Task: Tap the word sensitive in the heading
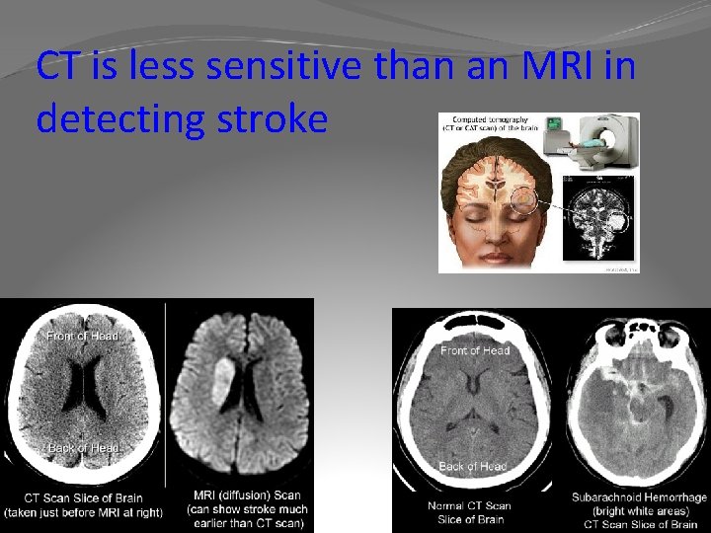click(x=241, y=67)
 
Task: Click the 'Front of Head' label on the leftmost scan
click(x=83, y=337)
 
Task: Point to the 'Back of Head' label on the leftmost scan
click(x=83, y=448)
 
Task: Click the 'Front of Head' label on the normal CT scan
click(x=475, y=350)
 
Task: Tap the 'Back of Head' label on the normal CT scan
click(x=472, y=466)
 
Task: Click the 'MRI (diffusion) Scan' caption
click(x=247, y=495)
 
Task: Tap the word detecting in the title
click(x=111, y=118)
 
